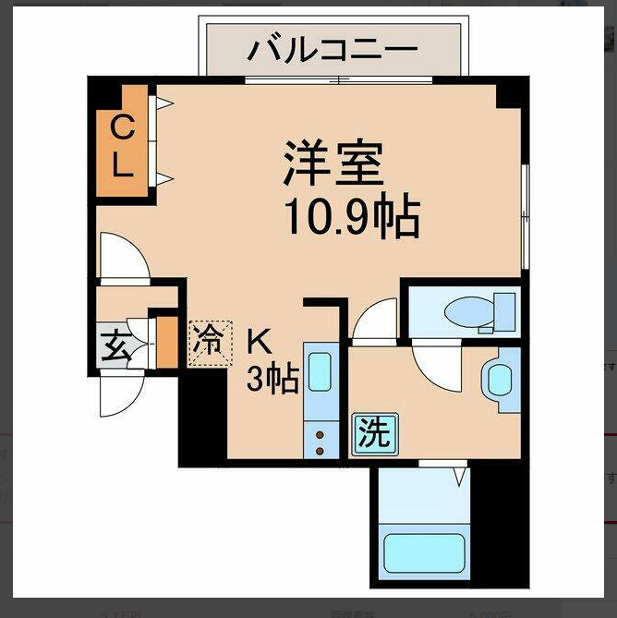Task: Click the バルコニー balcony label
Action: tap(332, 49)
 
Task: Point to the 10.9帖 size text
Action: tap(350, 217)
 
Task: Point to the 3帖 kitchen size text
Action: tap(272, 378)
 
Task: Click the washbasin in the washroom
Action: tap(500, 380)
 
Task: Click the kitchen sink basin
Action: tap(320, 371)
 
